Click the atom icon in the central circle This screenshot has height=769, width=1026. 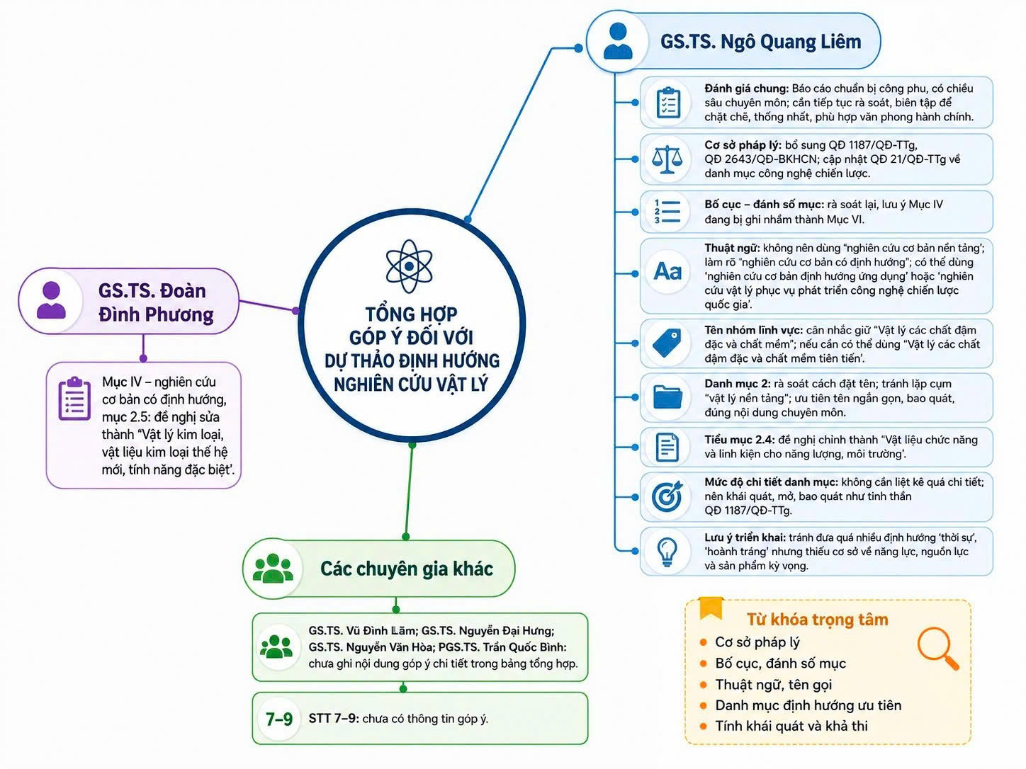click(x=409, y=266)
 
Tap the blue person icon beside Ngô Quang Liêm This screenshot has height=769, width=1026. click(x=617, y=41)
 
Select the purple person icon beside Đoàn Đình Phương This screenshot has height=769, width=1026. click(x=51, y=300)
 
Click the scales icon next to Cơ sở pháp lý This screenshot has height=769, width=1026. click(x=667, y=159)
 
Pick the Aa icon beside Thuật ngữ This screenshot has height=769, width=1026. click(x=667, y=271)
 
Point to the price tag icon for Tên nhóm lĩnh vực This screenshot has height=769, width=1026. click(x=667, y=343)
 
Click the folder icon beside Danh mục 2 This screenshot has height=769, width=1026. click(x=667, y=397)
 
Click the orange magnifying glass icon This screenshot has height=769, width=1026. click(x=937, y=649)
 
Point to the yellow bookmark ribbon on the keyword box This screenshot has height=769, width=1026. click(x=711, y=608)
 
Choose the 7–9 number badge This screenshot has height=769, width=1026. click(x=279, y=719)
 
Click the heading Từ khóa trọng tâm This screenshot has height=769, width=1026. click(x=817, y=619)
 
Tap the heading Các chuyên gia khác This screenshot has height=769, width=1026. click(x=407, y=569)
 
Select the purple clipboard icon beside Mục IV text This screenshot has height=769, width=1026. click(x=74, y=399)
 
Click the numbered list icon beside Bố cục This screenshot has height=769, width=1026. click(x=667, y=212)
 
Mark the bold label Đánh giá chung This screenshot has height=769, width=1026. click(x=747, y=89)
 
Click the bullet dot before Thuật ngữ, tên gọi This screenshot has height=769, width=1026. click(x=703, y=685)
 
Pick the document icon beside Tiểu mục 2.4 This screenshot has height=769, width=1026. click(x=667, y=448)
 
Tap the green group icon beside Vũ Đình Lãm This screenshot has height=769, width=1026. click(x=276, y=646)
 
